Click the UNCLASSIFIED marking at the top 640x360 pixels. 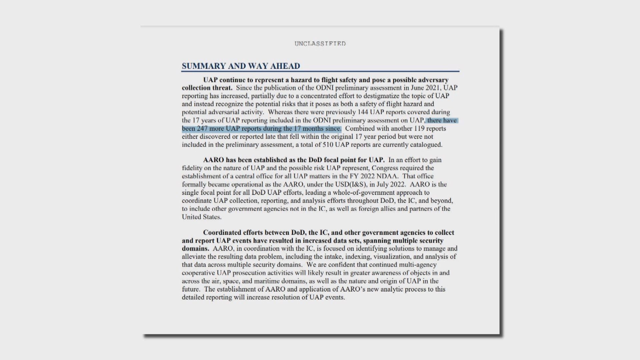coord(320,44)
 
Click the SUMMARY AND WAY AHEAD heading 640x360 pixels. coord(241,66)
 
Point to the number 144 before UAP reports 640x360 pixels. coord(362,112)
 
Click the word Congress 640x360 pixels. coord(384,168)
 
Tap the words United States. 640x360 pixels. coord(201,217)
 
